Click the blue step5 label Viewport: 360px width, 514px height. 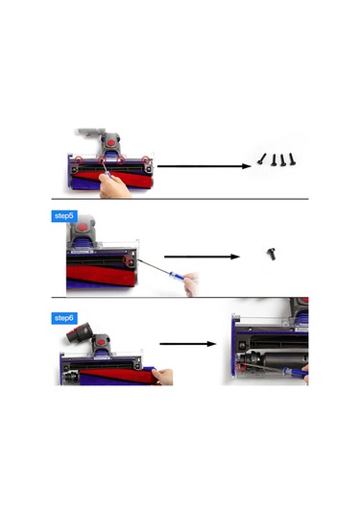[x=63, y=217]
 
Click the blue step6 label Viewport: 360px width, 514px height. [x=63, y=318]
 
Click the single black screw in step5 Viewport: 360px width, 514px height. [x=271, y=254]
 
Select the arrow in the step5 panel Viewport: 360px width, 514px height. [x=202, y=257]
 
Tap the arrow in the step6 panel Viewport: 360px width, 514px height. [x=186, y=343]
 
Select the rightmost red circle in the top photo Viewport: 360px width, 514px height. [x=146, y=159]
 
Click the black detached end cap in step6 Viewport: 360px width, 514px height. [x=74, y=339]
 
